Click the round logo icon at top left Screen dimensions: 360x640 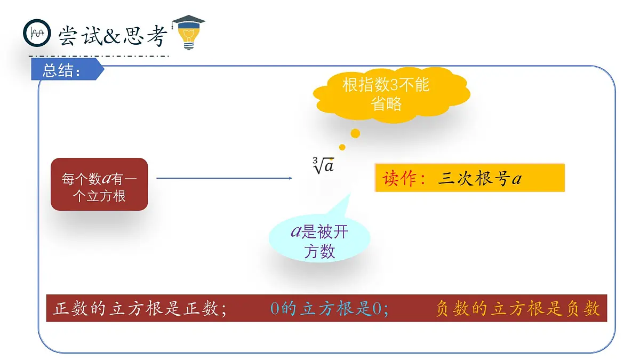(37, 33)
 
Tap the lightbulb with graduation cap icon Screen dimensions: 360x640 (188, 33)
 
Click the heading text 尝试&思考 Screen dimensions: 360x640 (113, 36)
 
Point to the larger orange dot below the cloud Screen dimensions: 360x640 (355, 133)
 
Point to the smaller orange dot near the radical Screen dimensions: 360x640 (342, 147)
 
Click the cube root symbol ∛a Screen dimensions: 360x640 (324, 166)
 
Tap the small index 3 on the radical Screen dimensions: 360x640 (316, 160)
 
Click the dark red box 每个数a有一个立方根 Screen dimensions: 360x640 (99, 184)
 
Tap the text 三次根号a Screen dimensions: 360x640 (479, 179)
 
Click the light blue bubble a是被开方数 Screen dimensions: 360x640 (319, 241)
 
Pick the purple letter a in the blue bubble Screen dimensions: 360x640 (296, 231)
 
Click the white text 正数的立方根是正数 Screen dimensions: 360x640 (140, 309)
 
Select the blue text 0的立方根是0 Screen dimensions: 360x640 (329, 309)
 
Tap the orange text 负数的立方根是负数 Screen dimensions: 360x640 (518, 309)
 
